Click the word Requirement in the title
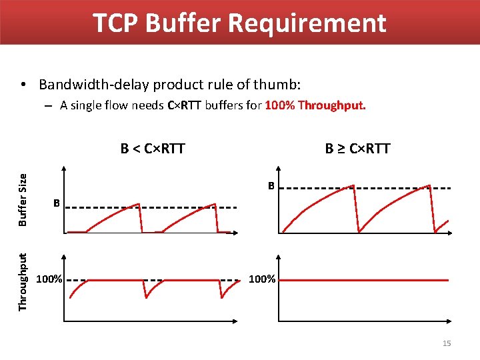pos(307,23)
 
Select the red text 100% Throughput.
pos(315,105)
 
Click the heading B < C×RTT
pos(153,148)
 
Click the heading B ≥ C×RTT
pos(357,148)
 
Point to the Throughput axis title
pos(23,281)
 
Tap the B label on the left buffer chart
pos(57,203)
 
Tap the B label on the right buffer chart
pos(271,185)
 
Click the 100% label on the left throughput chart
pos(49,279)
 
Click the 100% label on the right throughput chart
pos(262,279)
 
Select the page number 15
pos(447,343)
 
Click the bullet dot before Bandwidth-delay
pos(23,85)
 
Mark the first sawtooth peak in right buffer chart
pos(353,186)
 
